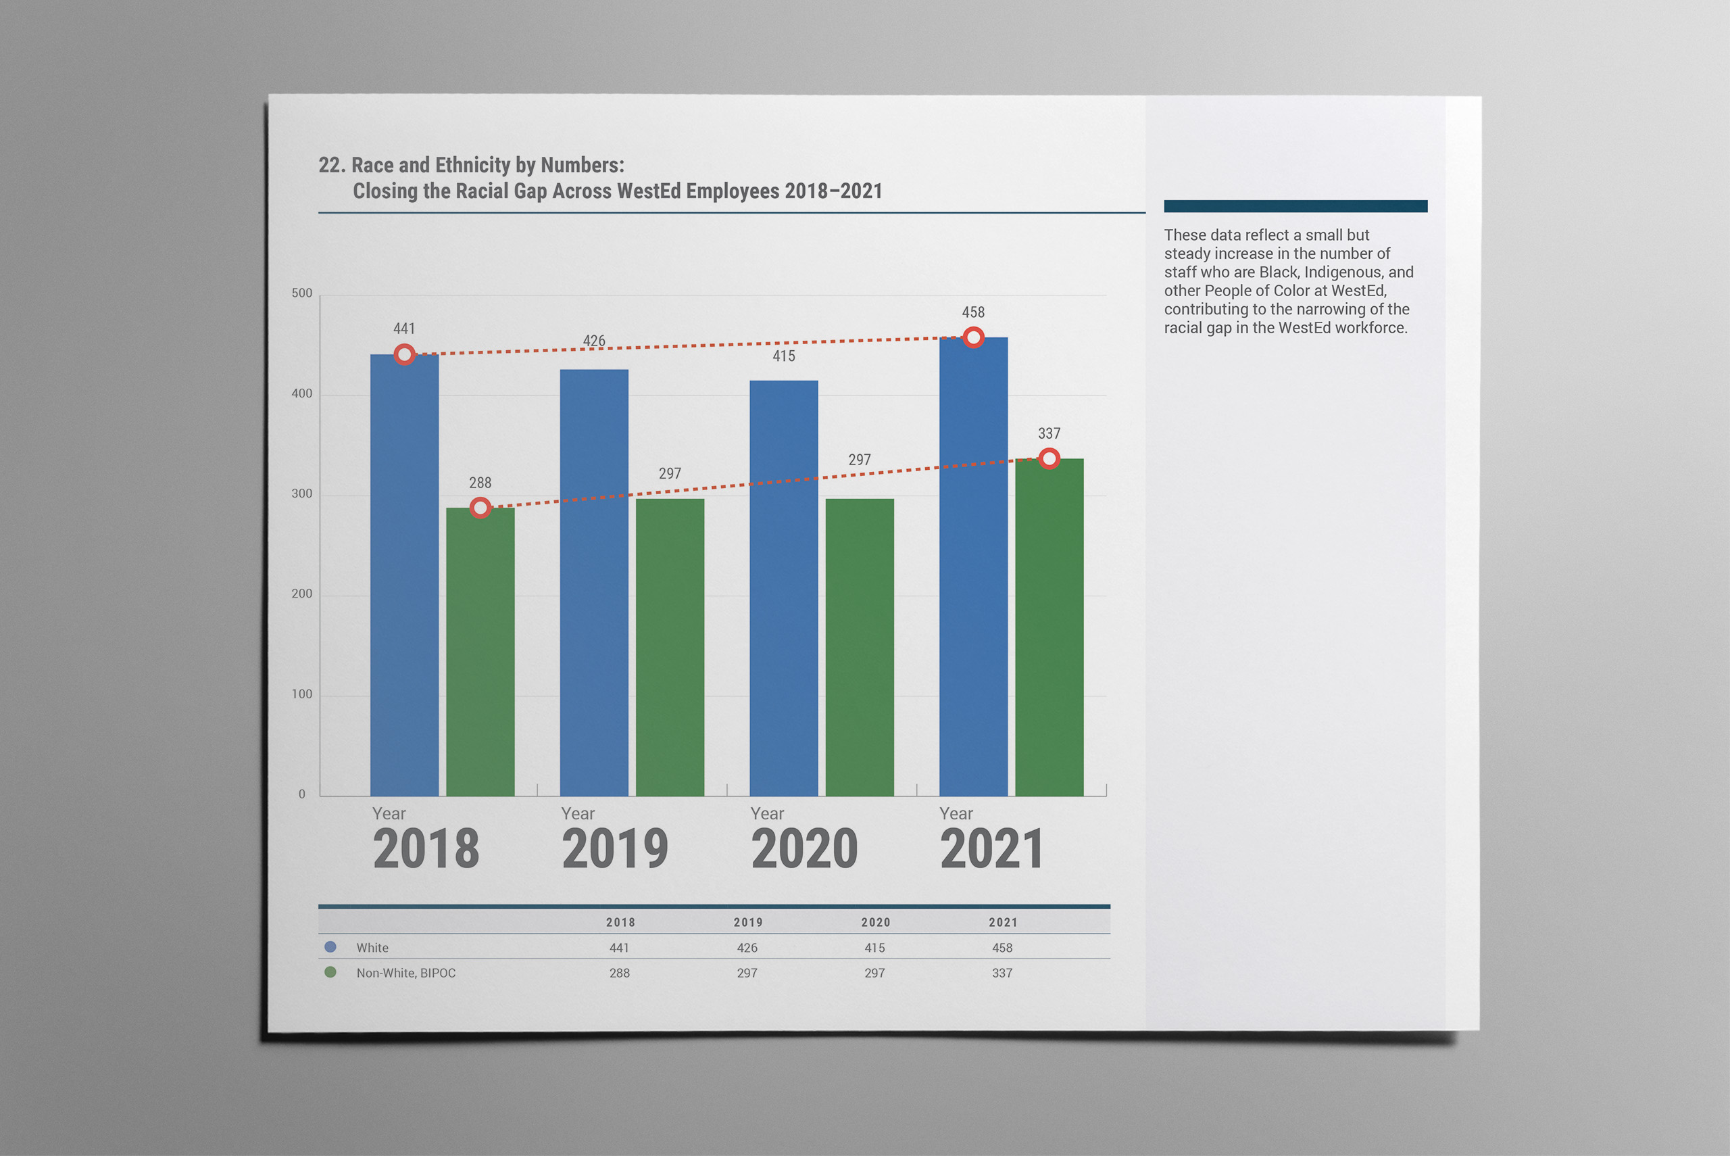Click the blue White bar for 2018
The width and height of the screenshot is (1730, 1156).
[403, 575]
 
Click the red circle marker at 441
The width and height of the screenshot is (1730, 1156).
[403, 355]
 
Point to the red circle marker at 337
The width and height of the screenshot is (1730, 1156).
[1049, 458]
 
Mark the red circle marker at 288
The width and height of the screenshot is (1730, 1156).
[480, 508]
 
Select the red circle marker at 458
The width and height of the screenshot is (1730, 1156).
[973, 337]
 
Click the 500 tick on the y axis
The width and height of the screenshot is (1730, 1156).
[302, 293]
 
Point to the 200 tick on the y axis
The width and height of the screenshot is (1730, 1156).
[302, 594]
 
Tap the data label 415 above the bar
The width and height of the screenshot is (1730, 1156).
[783, 356]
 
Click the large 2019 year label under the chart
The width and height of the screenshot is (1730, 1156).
[614, 848]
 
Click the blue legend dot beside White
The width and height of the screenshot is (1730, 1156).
[330, 946]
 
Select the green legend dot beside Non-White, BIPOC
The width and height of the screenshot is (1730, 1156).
[330, 971]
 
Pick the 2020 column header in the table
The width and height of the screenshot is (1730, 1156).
[875, 922]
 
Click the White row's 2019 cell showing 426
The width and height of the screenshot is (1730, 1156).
[747, 947]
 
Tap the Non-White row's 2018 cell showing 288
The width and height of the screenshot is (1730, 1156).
[619, 972]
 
